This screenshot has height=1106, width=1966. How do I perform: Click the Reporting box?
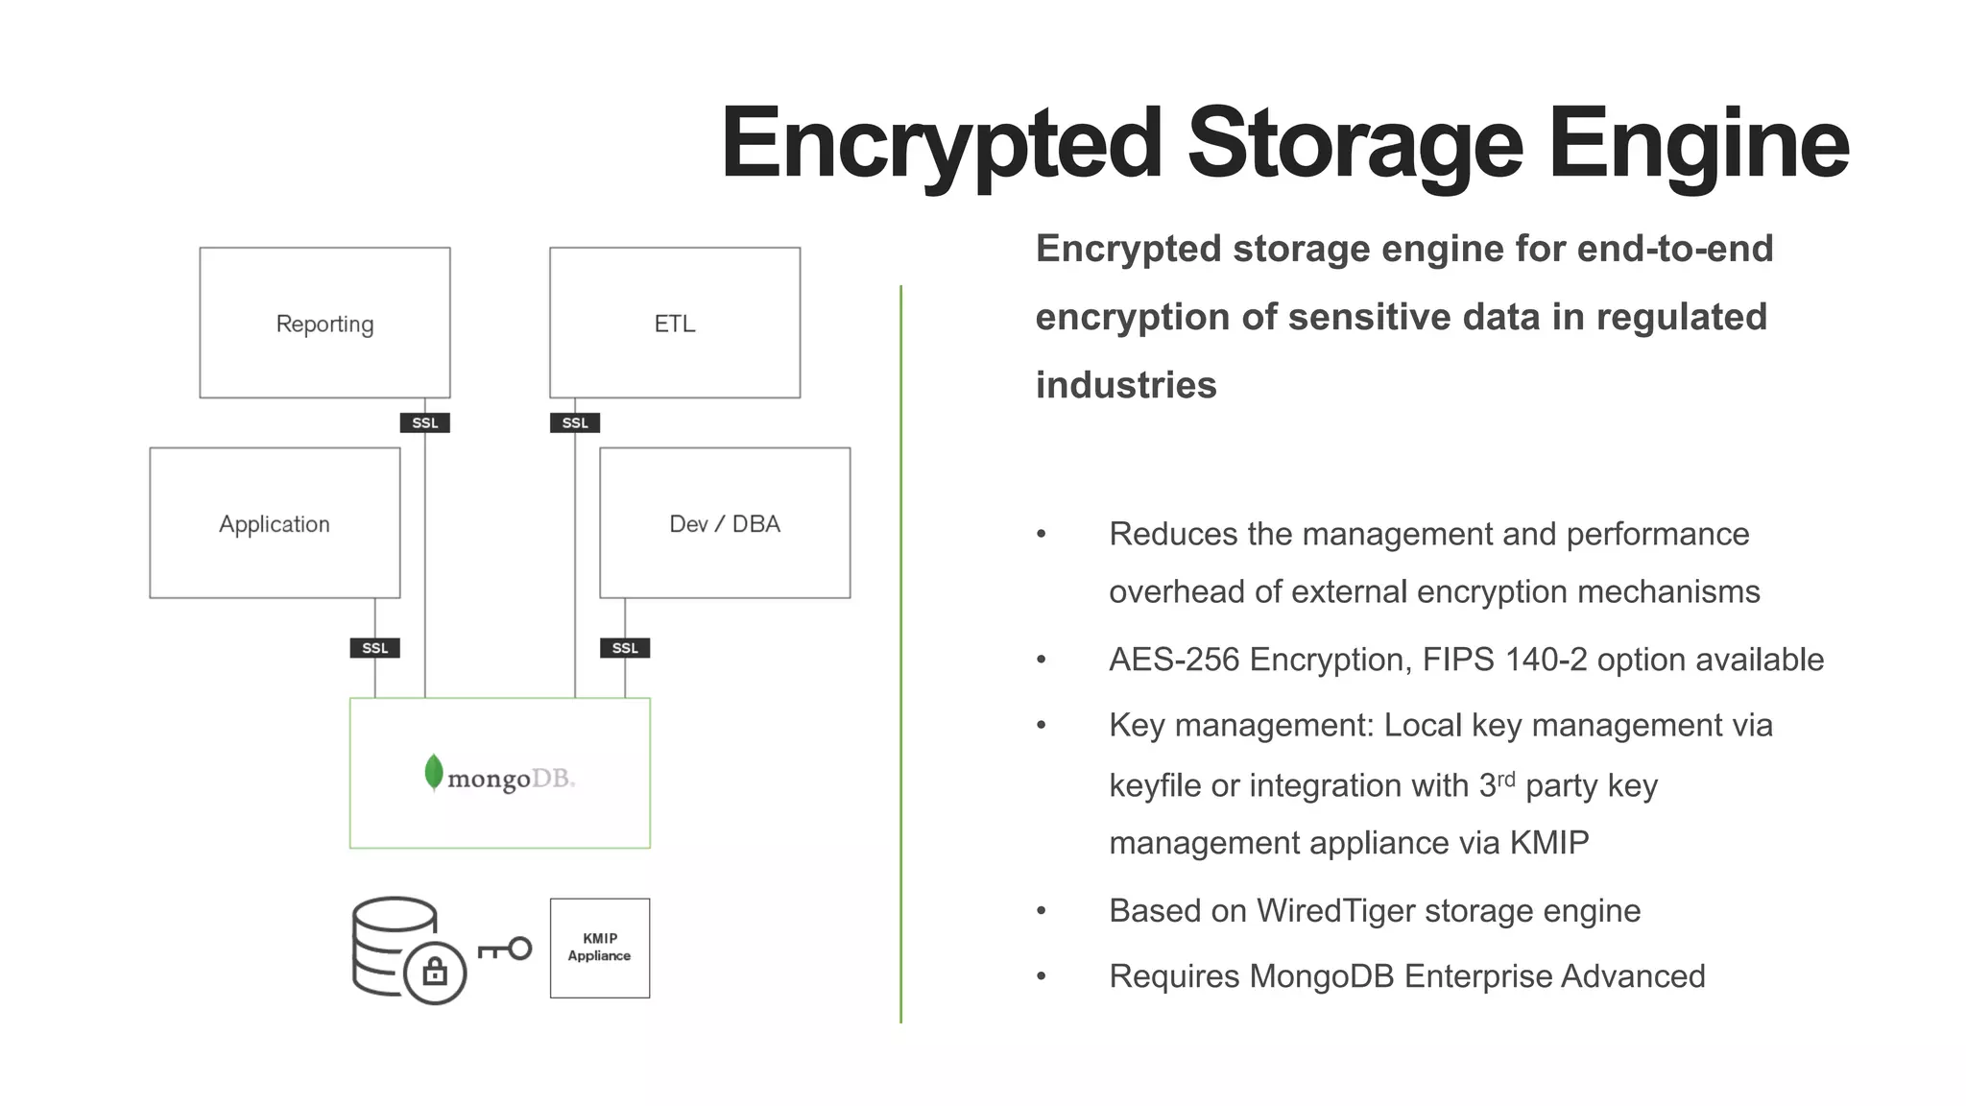[324, 323]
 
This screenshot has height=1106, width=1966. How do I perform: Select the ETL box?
[674, 323]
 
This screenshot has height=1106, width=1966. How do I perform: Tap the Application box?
[275, 523]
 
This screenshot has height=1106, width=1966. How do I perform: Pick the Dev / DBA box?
[725, 523]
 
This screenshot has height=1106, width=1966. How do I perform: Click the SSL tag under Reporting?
[424, 422]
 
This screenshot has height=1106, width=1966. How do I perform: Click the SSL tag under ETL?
[574, 422]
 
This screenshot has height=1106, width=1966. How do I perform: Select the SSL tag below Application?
[374, 648]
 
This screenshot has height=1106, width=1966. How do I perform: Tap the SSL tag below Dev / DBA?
[625, 648]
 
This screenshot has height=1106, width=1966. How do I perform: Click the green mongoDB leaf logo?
[434, 773]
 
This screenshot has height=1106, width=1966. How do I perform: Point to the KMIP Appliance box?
[600, 948]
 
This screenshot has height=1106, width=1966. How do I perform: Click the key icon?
[505, 950]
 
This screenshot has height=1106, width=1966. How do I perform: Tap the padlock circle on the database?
[435, 973]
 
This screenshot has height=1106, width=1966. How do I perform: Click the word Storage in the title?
[1355, 144]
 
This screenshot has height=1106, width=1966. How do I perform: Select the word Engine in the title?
[1697, 144]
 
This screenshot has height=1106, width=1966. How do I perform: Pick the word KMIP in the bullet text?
[1548, 843]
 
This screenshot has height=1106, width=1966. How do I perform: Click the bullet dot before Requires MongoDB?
[1042, 976]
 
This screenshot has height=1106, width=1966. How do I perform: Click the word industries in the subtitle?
[1126, 385]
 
